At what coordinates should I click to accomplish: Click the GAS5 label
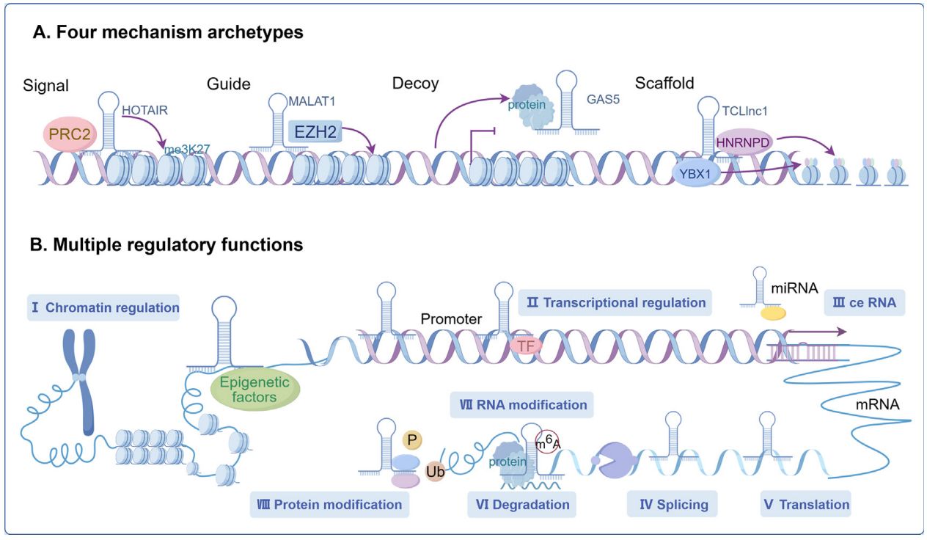[x=603, y=98]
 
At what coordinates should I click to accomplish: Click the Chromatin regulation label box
[x=103, y=307]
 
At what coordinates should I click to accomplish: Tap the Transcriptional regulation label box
[x=615, y=302]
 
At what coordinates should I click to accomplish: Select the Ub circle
[x=435, y=471]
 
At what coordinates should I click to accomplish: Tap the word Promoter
[x=451, y=319]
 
